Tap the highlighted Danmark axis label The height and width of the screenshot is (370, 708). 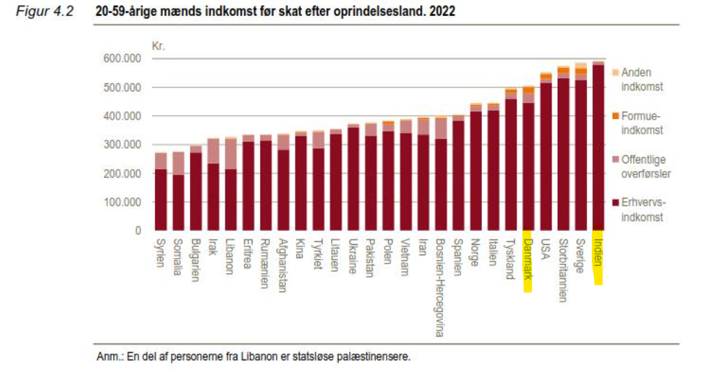click(x=528, y=261)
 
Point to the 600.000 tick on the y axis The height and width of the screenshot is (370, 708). click(x=122, y=59)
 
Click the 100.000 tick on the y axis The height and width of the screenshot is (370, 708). click(x=122, y=202)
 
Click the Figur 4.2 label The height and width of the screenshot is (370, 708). click(x=45, y=13)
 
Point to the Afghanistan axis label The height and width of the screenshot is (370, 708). click(x=283, y=266)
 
